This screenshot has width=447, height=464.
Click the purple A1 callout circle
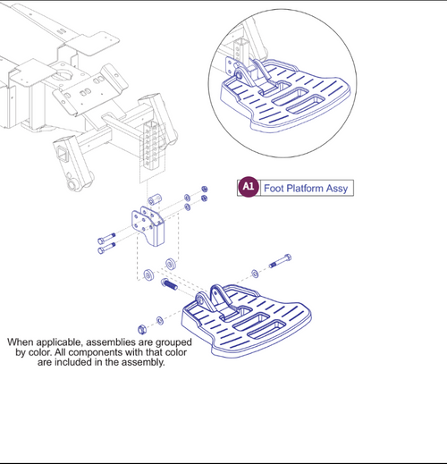(x=249, y=187)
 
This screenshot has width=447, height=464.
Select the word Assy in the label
(x=339, y=188)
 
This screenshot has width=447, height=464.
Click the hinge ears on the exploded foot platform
(x=218, y=299)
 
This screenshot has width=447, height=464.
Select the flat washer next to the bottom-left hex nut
(x=159, y=319)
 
